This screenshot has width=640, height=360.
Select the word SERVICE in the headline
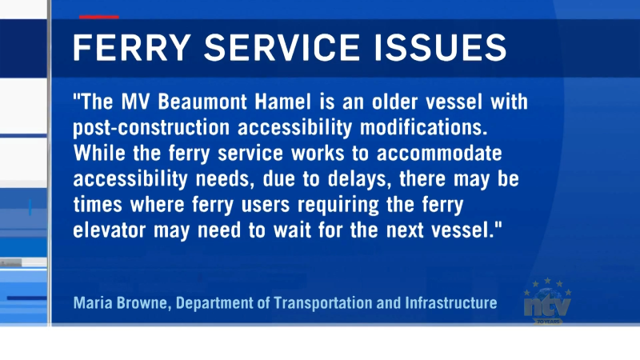click(282, 47)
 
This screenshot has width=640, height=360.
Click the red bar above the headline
click(99, 17)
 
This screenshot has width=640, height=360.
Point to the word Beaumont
click(202, 102)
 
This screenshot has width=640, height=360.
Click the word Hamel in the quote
click(283, 102)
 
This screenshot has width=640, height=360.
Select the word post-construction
click(151, 128)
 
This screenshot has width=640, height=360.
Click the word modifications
click(424, 127)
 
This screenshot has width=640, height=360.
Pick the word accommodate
click(439, 154)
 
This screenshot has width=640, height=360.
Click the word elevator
click(110, 230)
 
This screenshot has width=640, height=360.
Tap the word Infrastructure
click(451, 303)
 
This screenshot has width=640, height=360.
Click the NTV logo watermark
click(547, 302)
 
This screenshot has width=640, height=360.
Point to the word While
click(99, 154)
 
